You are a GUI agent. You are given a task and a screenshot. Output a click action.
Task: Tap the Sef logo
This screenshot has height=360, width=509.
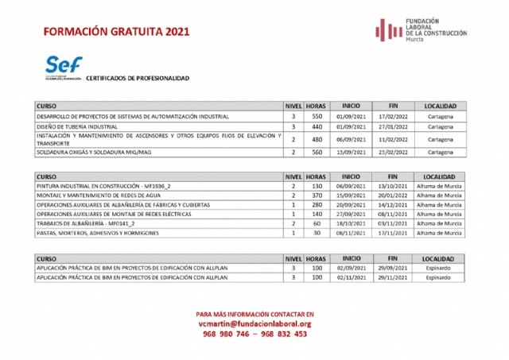point(64,67)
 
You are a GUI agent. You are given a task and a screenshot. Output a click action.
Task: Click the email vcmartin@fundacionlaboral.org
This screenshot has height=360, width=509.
point(254,323)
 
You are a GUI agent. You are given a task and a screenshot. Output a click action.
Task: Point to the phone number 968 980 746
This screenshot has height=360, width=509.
point(225,335)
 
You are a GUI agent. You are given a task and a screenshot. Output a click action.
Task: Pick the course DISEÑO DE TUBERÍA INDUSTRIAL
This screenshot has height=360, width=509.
point(78,126)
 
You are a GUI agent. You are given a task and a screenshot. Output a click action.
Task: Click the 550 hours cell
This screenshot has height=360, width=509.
point(316,116)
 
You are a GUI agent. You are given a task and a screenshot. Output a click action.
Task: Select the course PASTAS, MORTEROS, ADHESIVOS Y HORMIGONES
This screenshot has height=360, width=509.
point(98,233)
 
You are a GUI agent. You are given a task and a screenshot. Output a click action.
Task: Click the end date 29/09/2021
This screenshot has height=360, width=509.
point(392,269)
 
